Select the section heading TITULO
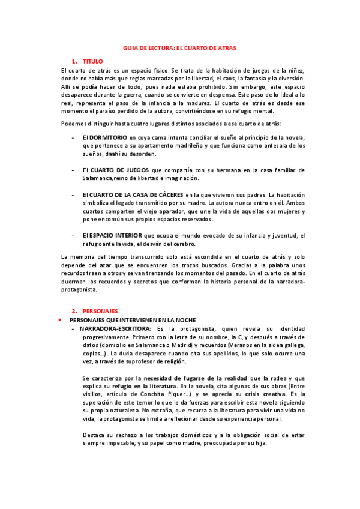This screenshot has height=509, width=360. tap(93, 61)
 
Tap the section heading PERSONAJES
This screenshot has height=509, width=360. tap(100, 311)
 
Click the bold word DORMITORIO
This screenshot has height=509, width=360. tap(109, 137)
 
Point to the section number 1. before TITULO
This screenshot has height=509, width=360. tap(74, 61)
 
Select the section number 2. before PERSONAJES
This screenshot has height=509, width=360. tap(74, 311)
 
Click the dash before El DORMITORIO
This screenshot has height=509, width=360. tap(73, 137)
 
